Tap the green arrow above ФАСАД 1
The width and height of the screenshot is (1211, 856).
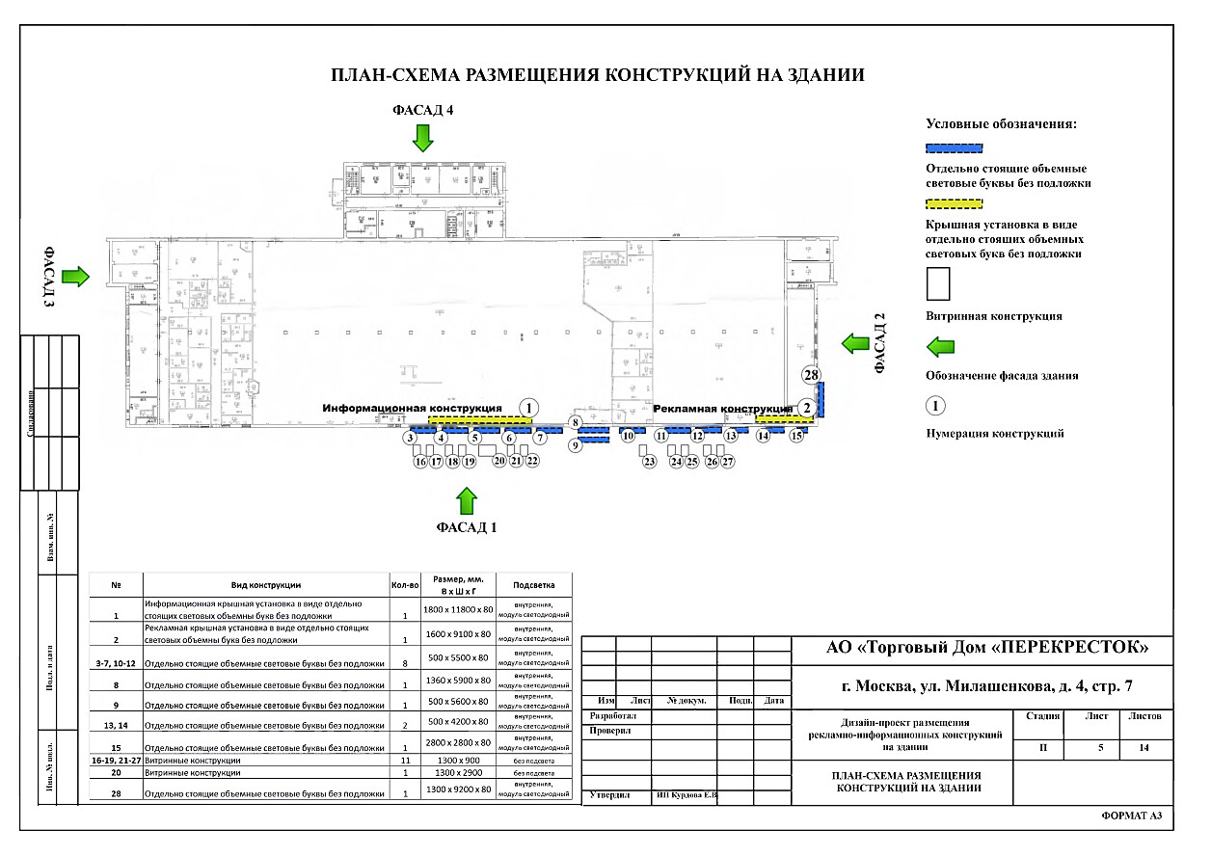[x=467, y=501]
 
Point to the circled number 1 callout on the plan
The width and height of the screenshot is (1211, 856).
[x=528, y=408]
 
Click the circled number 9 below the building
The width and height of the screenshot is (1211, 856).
[x=576, y=446]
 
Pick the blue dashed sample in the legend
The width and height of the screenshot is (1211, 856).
[x=954, y=148]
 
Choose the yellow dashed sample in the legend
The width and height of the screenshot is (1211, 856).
[x=954, y=204]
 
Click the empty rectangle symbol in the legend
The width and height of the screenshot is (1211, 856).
[x=937, y=283]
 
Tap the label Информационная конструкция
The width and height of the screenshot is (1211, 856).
[x=412, y=408]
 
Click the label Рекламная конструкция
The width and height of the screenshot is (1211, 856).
[x=723, y=408]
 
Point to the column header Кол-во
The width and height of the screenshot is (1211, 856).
[x=406, y=585]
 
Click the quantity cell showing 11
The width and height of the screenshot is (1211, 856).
[x=406, y=761]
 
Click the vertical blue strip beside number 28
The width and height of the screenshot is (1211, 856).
[x=820, y=399]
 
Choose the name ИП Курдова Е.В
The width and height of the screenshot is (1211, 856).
[x=686, y=795]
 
